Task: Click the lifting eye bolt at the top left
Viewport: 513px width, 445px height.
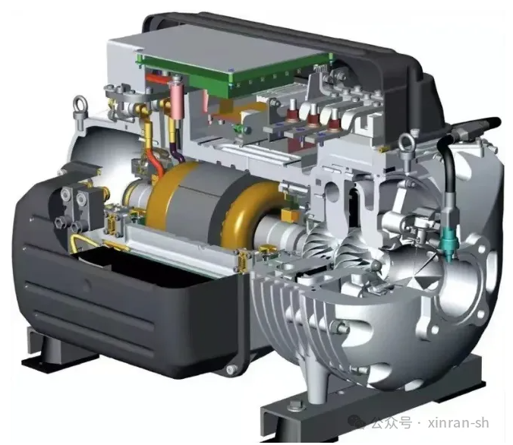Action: coord(80,107)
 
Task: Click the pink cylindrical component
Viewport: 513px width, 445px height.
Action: coord(175,100)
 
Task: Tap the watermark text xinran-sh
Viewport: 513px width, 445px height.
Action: coord(458,422)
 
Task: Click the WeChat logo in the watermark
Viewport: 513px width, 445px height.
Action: coord(357,421)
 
